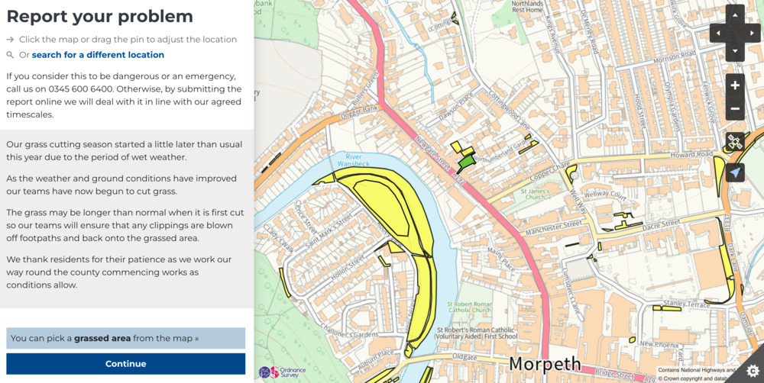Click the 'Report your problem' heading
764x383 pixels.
pos(99,17)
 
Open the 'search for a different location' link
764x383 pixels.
pos(98,55)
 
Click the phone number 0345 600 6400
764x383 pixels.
pos(87,89)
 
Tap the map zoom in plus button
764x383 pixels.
pos(735,85)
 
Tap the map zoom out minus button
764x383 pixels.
pos(735,109)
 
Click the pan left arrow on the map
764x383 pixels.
pos(717,34)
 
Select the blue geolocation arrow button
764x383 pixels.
pos(735,173)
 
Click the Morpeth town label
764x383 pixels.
pos(545,363)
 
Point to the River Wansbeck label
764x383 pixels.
pos(352,159)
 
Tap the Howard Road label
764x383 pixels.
pos(670,155)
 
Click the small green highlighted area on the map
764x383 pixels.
pos(465,162)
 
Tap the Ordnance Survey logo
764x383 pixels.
pos(282,372)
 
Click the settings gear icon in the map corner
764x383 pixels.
pos(753,370)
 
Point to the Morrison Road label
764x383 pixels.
pos(674,59)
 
